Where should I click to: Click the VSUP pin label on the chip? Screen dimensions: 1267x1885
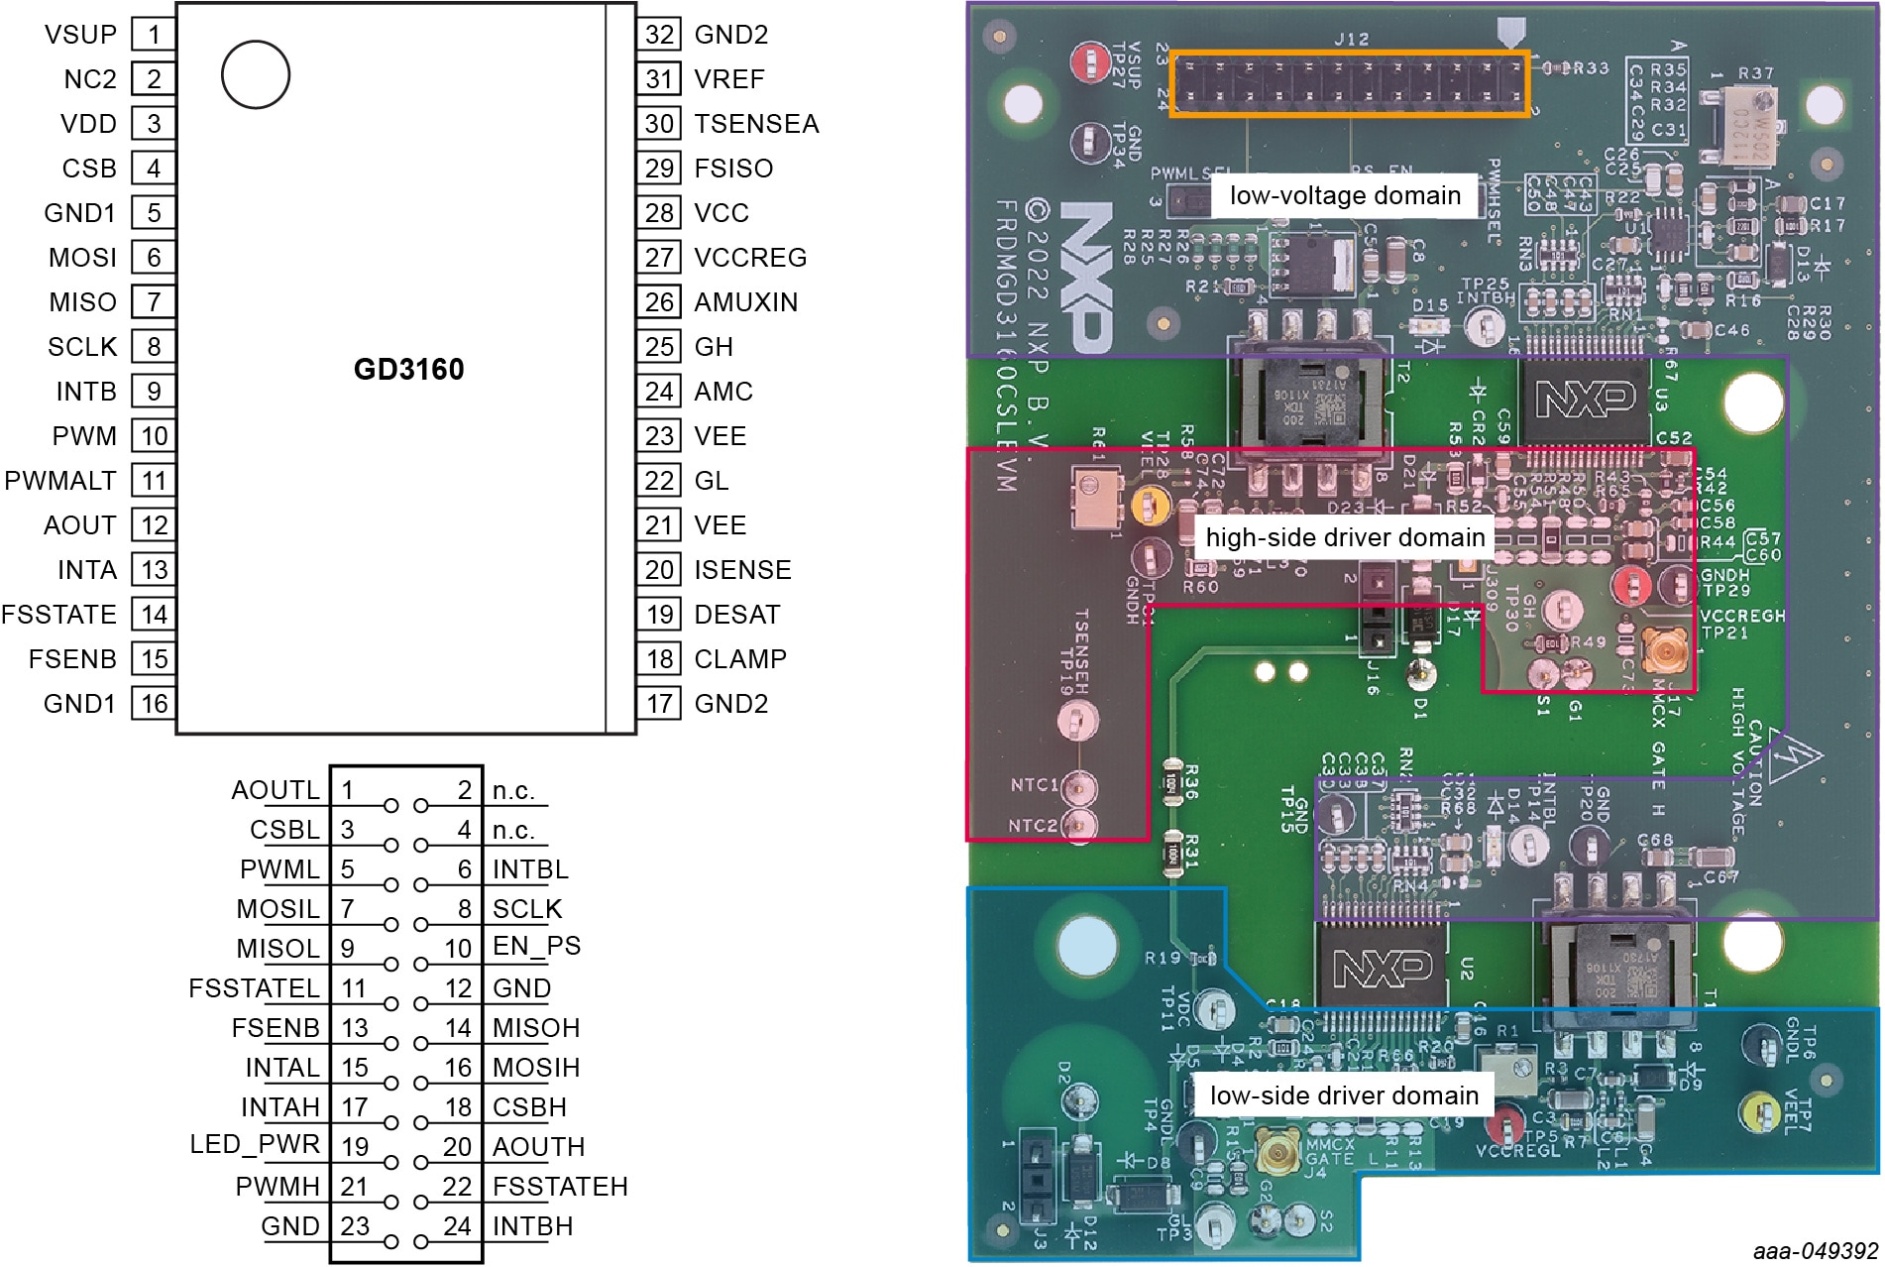point(80,35)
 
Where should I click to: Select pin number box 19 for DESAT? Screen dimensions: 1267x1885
point(660,615)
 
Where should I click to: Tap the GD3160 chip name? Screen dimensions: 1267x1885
point(408,370)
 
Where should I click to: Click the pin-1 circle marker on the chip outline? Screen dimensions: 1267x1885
point(256,74)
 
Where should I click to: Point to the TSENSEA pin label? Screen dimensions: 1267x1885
point(756,124)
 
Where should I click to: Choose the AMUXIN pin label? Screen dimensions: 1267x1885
point(745,302)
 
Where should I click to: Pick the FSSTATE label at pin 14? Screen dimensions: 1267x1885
point(59,615)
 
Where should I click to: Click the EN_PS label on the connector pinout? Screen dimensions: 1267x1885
point(536,946)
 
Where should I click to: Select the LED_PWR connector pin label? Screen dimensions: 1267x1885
point(255,1144)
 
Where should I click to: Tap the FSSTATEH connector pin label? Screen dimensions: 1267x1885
point(560,1187)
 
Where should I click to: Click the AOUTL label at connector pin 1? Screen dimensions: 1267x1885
point(276,790)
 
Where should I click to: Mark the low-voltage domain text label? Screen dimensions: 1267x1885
point(1345,195)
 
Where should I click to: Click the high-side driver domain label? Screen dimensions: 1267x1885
point(1345,537)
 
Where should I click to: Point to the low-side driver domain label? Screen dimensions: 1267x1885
point(1344,1095)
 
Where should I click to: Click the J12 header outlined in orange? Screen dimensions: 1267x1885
point(1350,85)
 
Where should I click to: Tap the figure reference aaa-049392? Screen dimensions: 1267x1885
point(1815,1252)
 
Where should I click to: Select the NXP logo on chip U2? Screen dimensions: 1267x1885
point(1383,968)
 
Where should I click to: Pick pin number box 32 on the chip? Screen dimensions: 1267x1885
point(660,35)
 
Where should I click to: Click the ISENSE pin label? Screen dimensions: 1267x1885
point(742,570)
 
